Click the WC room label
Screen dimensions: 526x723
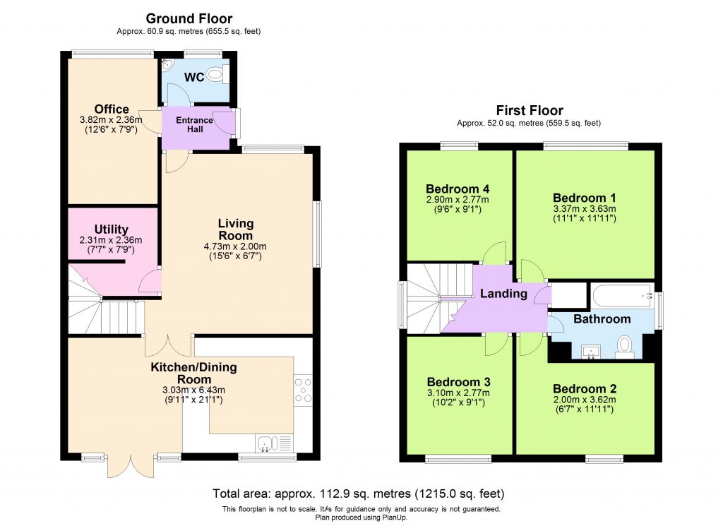[x=194, y=77]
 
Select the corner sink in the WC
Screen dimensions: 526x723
[x=166, y=65]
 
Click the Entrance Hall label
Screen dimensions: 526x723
[x=194, y=125]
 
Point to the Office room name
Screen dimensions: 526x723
[x=112, y=109]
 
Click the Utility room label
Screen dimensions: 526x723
[x=111, y=229]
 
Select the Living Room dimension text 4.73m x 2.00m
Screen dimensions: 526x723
[x=235, y=247]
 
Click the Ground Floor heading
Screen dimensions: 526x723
[x=189, y=18]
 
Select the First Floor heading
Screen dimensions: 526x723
[x=530, y=110]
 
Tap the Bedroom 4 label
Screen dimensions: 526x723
[x=457, y=189]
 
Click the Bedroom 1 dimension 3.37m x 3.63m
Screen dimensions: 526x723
[x=585, y=209]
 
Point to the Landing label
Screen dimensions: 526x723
[x=503, y=294]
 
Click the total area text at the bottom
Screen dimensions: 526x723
[x=359, y=494]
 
